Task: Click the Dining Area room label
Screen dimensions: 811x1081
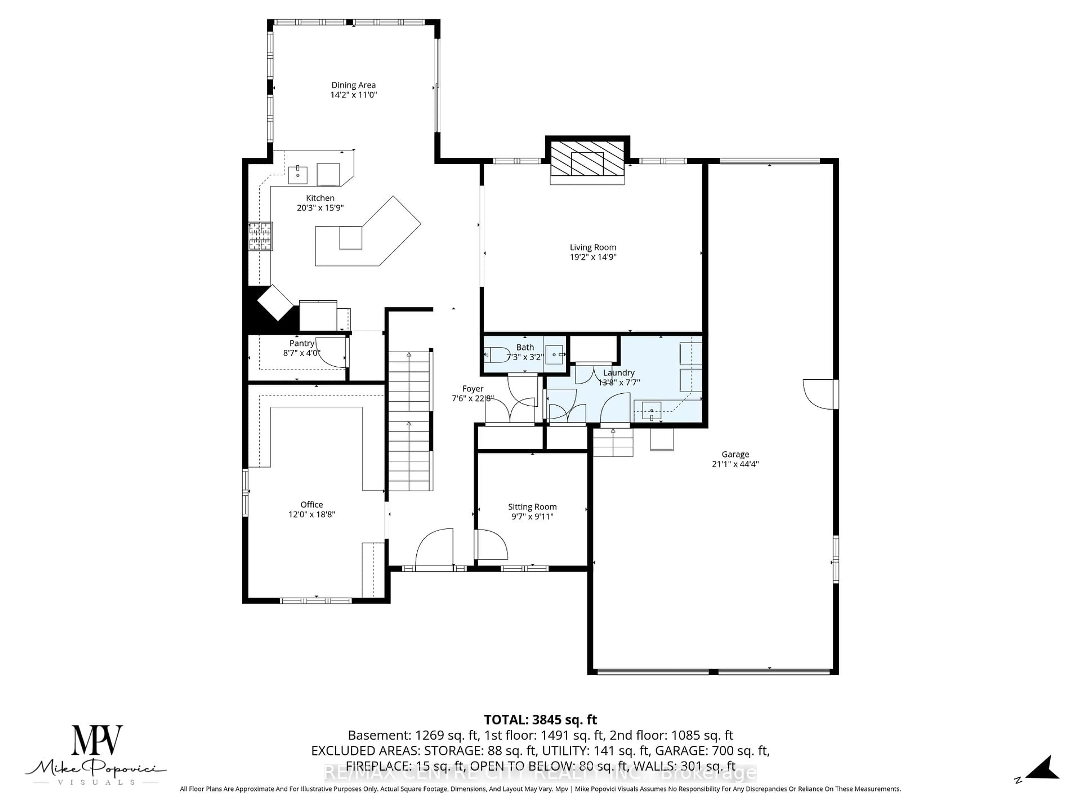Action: (353, 85)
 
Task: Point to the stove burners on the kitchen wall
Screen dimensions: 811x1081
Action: (260, 236)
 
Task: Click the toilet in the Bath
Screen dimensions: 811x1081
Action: (497, 355)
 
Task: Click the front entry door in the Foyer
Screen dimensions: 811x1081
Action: (434, 549)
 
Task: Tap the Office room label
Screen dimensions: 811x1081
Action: (312, 505)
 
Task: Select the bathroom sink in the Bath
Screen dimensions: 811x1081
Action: (554, 354)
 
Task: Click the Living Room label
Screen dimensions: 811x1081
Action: (593, 247)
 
